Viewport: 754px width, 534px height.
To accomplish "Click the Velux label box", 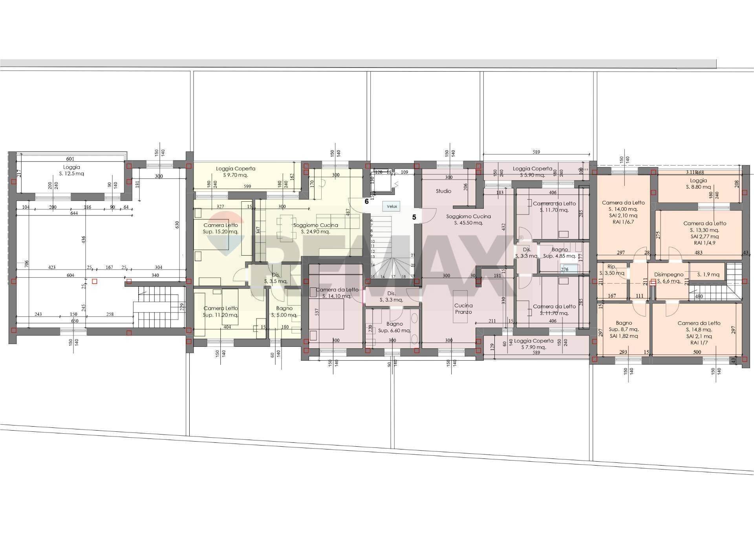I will tap(392, 206).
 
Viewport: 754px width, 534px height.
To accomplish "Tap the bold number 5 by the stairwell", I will tap(414, 217).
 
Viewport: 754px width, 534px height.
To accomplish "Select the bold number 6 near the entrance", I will tap(366, 201).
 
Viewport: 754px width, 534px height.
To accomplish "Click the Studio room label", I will tap(443, 191).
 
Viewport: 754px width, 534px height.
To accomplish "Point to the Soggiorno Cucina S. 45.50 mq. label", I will tap(468, 219).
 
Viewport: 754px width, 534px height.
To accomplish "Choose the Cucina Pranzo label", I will tap(463, 309).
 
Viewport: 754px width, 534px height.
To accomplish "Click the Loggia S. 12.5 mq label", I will tap(71, 170).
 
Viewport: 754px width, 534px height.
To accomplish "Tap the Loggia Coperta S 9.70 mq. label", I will tap(235, 172).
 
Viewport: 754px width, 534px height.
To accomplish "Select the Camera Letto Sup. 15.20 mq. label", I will tap(220, 228).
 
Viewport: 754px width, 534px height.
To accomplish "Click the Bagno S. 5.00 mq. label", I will tap(284, 312).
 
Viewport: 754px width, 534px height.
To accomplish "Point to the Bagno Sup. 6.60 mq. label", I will tap(394, 327).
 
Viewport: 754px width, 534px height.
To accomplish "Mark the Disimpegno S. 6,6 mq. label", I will tap(668, 278).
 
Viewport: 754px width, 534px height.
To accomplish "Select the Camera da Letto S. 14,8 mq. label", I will tap(699, 330).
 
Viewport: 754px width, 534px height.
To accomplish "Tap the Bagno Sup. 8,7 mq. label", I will tap(624, 330).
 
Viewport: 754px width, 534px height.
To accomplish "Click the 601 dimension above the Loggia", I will tap(70, 159).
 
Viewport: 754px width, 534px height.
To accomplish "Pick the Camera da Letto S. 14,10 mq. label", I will tap(337, 293).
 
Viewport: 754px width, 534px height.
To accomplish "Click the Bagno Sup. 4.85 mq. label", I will tap(559, 253).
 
